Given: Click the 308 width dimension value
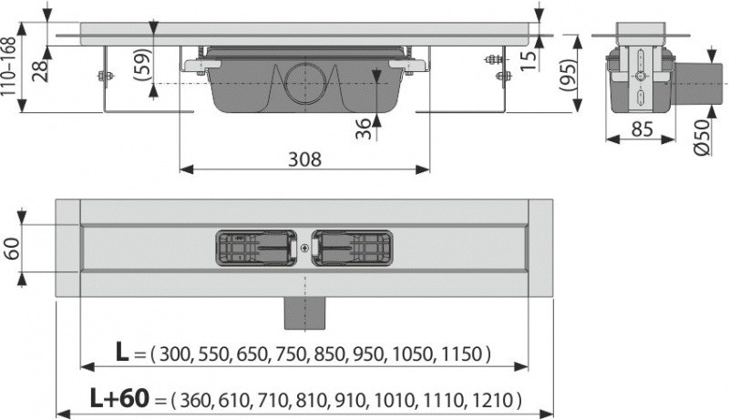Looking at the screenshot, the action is coord(304,159).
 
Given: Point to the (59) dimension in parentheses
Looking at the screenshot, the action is coord(143,65).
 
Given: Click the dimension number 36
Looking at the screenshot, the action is coord(364,128).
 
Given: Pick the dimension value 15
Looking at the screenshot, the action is coord(528,60).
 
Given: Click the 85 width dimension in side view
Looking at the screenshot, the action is coord(642,129).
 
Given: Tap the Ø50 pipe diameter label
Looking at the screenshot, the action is coord(703,137).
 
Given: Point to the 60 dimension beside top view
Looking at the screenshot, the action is coord(12,249).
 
